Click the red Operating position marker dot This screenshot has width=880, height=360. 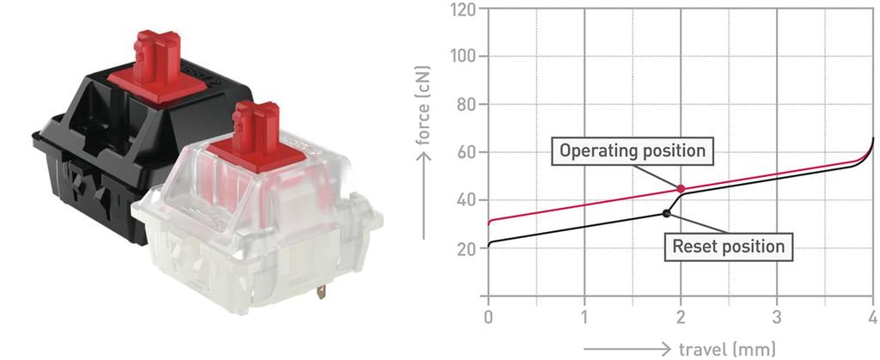pyautogui.click(x=681, y=189)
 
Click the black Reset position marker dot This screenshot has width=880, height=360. pyautogui.click(x=666, y=213)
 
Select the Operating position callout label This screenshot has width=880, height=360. pyautogui.click(x=632, y=151)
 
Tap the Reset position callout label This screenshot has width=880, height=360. pyautogui.click(x=728, y=247)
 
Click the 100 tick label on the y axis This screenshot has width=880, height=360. pyautogui.click(x=463, y=57)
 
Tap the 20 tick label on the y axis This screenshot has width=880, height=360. pyautogui.click(x=464, y=249)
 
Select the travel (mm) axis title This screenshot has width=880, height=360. pyautogui.click(x=726, y=348)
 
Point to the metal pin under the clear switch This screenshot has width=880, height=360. pyautogui.click(x=321, y=291)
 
